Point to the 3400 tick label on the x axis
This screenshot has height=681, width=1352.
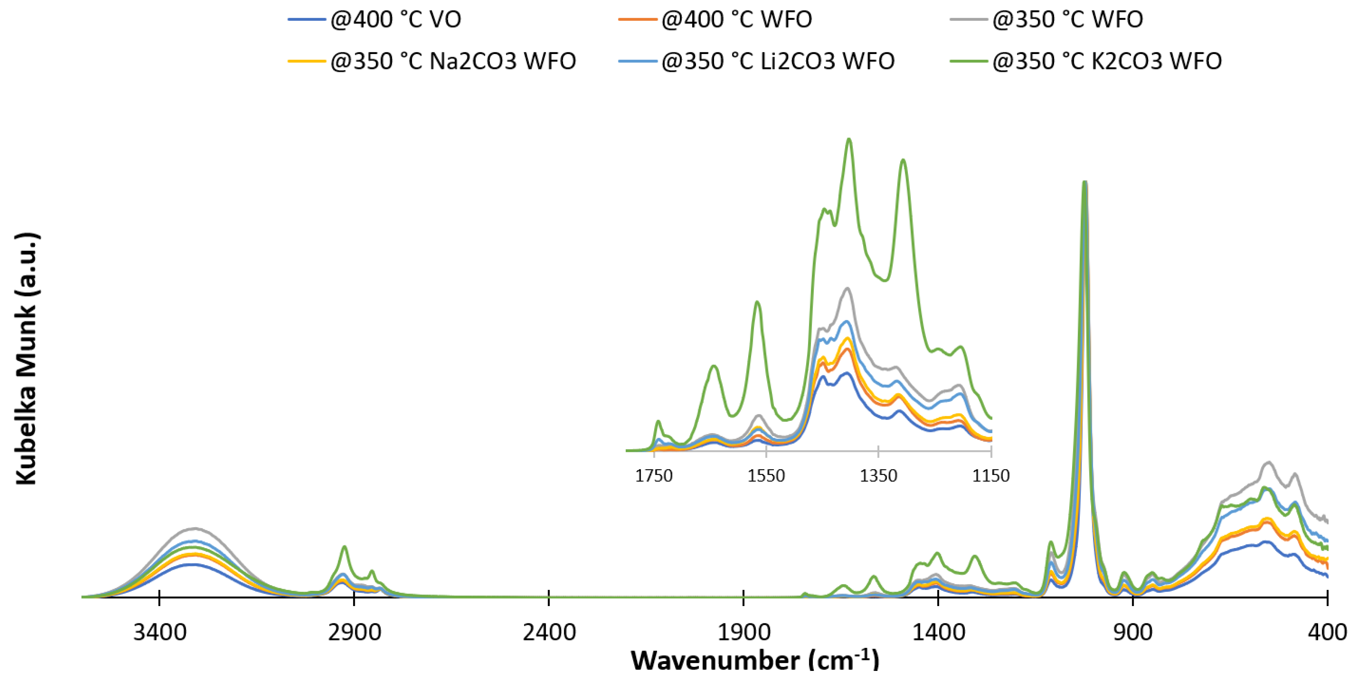(x=160, y=632)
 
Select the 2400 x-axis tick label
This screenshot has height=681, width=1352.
(x=549, y=632)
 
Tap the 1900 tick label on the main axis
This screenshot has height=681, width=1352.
(x=744, y=632)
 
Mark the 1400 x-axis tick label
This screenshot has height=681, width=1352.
(x=938, y=632)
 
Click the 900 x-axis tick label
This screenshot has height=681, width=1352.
(x=1133, y=632)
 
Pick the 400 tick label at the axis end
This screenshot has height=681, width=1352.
(x=1327, y=632)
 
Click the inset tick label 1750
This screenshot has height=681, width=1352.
(x=653, y=476)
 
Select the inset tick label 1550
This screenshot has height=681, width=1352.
(x=766, y=476)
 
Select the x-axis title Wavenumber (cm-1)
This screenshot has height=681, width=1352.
(x=754, y=660)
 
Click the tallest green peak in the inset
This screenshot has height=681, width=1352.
(x=849, y=140)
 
